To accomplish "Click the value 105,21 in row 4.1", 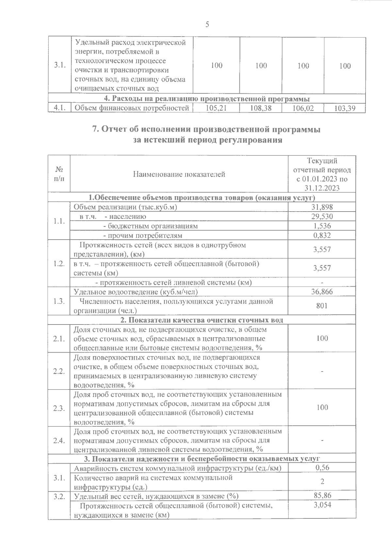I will (x=217, y=108).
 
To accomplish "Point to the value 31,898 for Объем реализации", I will (x=322, y=207).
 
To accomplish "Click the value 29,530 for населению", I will (x=322, y=216).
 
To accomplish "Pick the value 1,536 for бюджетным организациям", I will (x=322, y=226).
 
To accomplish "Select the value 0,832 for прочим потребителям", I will (x=322, y=235).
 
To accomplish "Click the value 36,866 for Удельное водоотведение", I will (x=322, y=292).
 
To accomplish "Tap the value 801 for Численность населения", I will (x=322, y=306).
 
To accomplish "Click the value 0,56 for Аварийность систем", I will (x=322, y=468).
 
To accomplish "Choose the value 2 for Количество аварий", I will (x=322, y=482).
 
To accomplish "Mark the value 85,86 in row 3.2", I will (x=322, y=496).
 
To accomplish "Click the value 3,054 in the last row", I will (x=322, y=505).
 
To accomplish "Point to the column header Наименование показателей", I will (x=179, y=174).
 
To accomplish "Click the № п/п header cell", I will (x=59, y=174).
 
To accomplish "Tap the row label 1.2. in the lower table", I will (x=59, y=263).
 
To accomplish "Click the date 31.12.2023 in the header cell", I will (x=322, y=188).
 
